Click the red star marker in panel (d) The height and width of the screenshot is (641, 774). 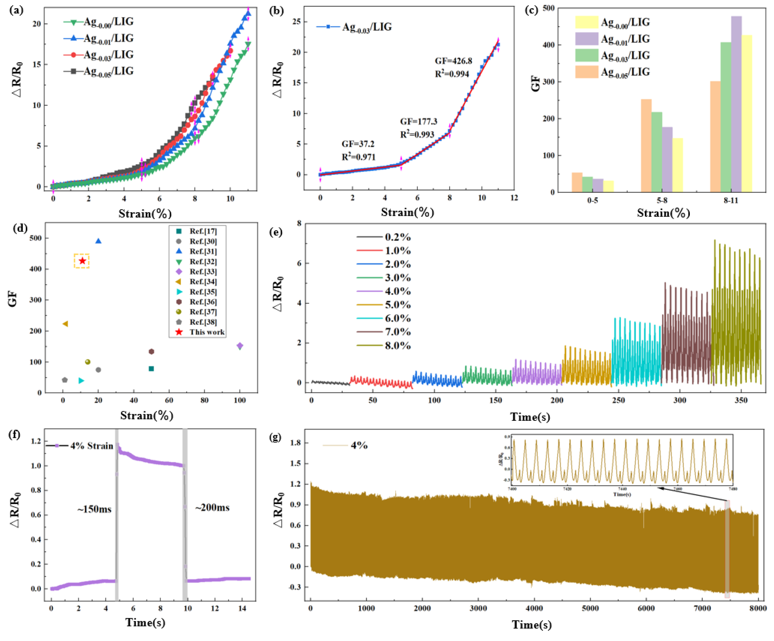tap(82, 261)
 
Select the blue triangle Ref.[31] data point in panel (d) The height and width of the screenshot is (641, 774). tap(98, 241)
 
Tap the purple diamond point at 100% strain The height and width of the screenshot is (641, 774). tap(240, 346)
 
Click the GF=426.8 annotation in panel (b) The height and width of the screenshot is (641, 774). tap(453, 61)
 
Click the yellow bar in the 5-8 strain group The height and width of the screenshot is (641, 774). tap(678, 165)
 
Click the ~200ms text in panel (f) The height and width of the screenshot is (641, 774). tap(212, 508)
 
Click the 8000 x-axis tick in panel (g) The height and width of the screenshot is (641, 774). tap(758, 608)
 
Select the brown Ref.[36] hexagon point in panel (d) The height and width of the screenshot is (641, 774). tap(151, 351)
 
